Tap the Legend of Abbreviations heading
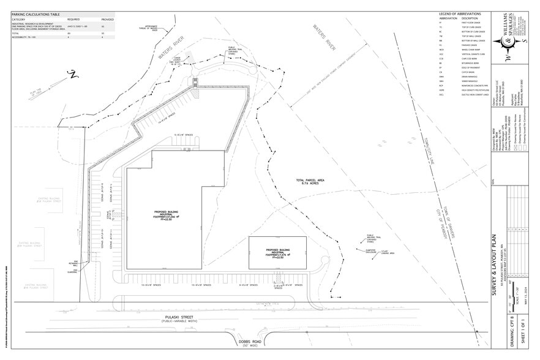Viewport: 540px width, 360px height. [x=460, y=13]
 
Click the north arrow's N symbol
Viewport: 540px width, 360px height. [x=71, y=74]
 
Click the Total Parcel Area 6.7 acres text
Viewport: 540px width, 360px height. [x=310, y=182]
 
